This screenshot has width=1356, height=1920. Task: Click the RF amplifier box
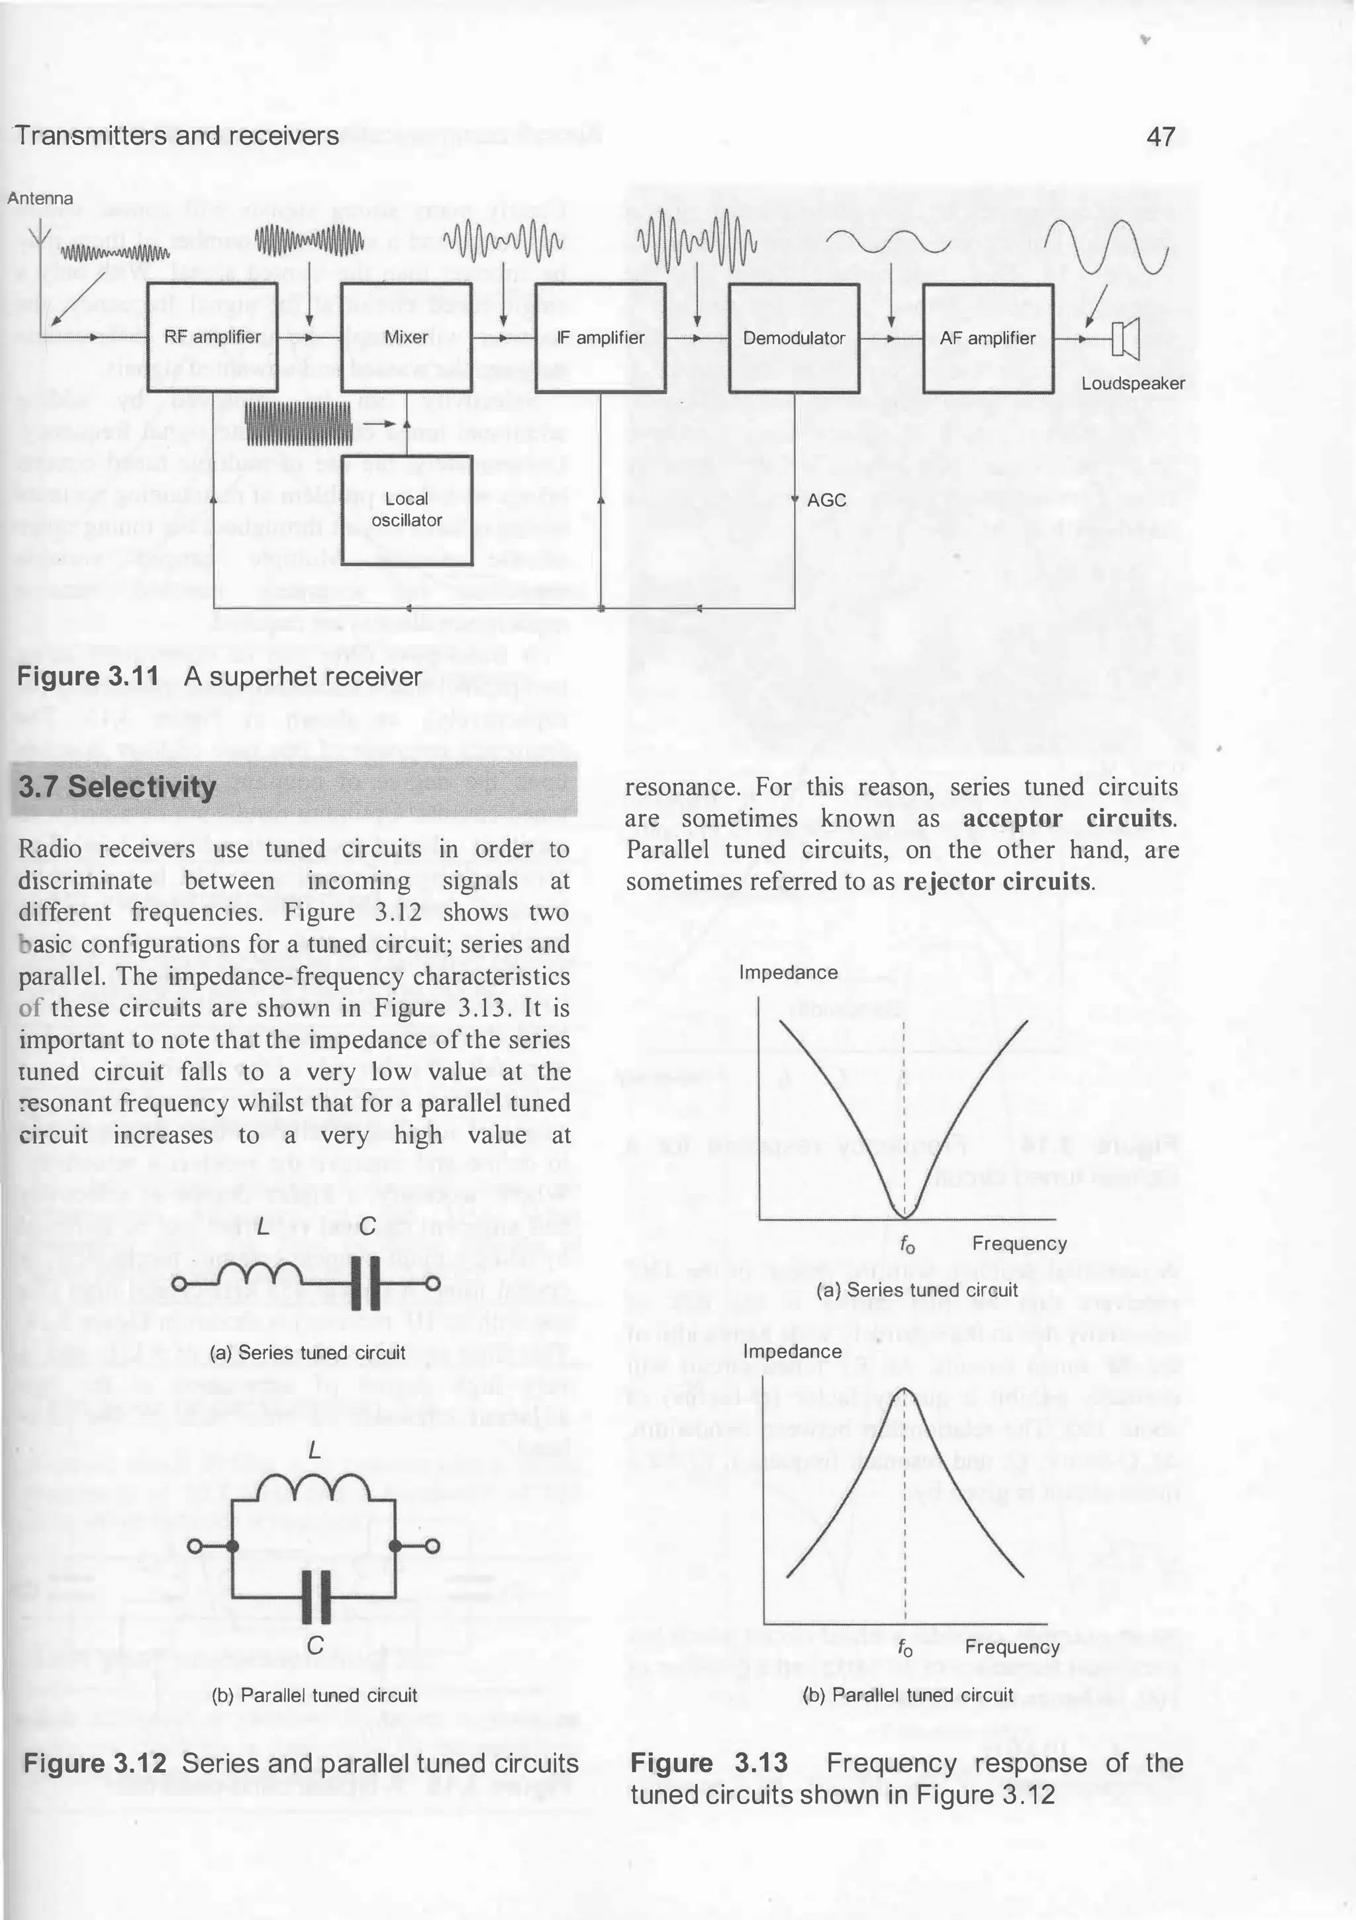pos(213,337)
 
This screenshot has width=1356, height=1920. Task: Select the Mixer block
pos(407,337)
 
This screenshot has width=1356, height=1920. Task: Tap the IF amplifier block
pos(601,337)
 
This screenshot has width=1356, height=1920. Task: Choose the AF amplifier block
pos(987,337)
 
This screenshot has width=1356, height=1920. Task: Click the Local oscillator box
pos(407,509)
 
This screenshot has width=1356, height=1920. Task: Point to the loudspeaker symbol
pos(1127,338)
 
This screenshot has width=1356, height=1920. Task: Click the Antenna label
pos(40,198)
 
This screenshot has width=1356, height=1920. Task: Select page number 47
pos(1161,136)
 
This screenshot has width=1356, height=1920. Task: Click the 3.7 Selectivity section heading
pos(117,787)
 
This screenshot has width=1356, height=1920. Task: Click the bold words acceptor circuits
pos(1069,818)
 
